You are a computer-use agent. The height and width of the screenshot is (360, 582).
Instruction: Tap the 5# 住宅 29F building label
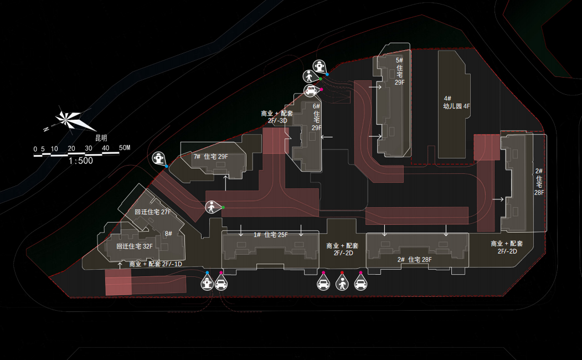400,71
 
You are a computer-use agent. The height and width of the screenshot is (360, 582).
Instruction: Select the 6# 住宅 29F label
316,117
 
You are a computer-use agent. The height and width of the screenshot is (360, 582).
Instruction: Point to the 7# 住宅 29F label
210,157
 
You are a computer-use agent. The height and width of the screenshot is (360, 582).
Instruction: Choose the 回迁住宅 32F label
134,246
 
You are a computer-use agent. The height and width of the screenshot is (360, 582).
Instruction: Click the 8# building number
168,234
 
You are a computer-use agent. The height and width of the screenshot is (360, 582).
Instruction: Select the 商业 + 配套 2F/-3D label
277,117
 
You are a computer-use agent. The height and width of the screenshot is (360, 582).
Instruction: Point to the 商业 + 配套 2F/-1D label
156,264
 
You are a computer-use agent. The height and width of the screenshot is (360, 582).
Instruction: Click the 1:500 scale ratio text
81,161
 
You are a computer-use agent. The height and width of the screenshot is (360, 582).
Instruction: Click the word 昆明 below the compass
101,137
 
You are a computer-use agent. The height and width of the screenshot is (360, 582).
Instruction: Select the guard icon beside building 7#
159,158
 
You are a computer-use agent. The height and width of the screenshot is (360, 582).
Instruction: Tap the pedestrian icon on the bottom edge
342,284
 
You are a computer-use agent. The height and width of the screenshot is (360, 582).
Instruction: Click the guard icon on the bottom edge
207,284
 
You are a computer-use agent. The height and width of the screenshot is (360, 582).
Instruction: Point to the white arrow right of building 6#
327,137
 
